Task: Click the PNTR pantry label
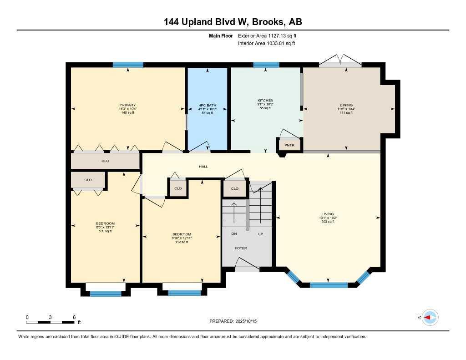289,146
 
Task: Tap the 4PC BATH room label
207,105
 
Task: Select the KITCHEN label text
265,100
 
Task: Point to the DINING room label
345,105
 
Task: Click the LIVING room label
328,214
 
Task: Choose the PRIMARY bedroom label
128,105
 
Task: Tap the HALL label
203,167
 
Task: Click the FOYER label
241,248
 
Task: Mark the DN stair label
234,233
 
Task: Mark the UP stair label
261,233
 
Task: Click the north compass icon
430,317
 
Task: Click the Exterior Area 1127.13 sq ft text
268,35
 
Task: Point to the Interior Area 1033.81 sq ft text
266,44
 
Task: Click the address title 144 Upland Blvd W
233,22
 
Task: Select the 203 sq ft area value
328,222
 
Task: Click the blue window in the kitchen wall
266,65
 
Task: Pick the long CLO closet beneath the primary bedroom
105,161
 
